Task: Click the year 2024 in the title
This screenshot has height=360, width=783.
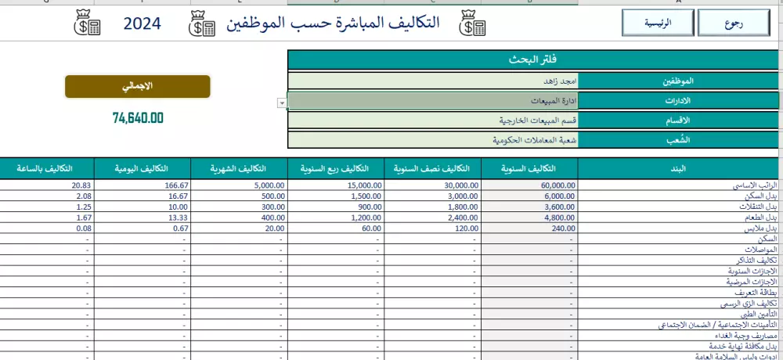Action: pos(142,24)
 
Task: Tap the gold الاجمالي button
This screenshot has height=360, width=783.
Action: pos(137,86)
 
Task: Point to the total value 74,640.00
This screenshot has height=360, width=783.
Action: pos(138,118)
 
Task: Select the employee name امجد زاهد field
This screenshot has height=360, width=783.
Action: pos(432,81)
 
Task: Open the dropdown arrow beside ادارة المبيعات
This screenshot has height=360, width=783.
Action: pos(281,103)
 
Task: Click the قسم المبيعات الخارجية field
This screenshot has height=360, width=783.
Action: pos(432,121)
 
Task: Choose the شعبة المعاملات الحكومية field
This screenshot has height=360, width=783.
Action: pos(432,140)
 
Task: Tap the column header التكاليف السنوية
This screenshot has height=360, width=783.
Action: pos(529,168)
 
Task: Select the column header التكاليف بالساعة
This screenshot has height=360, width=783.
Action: pos(47,168)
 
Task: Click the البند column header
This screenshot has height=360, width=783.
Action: pos(680,168)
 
